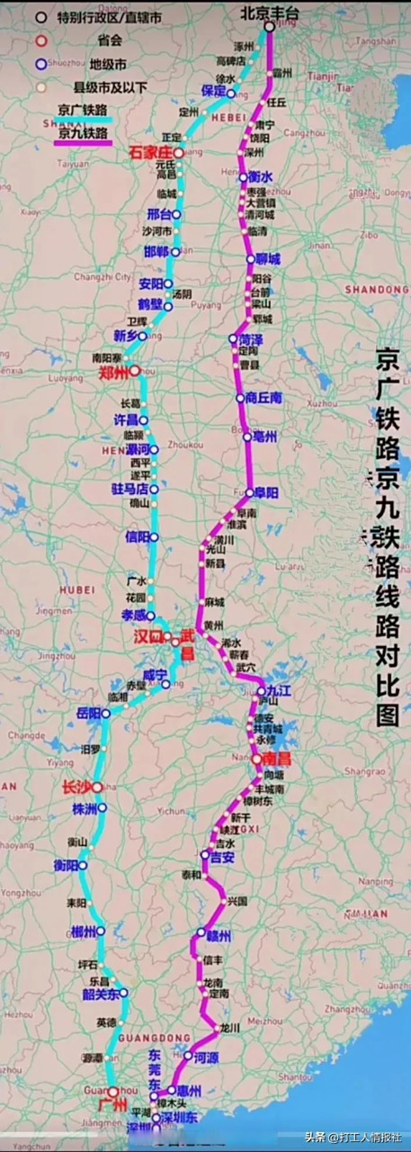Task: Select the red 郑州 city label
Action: [x=112, y=371]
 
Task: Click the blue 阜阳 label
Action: [x=266, y=493]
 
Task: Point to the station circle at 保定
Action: [x=231, y=93]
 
